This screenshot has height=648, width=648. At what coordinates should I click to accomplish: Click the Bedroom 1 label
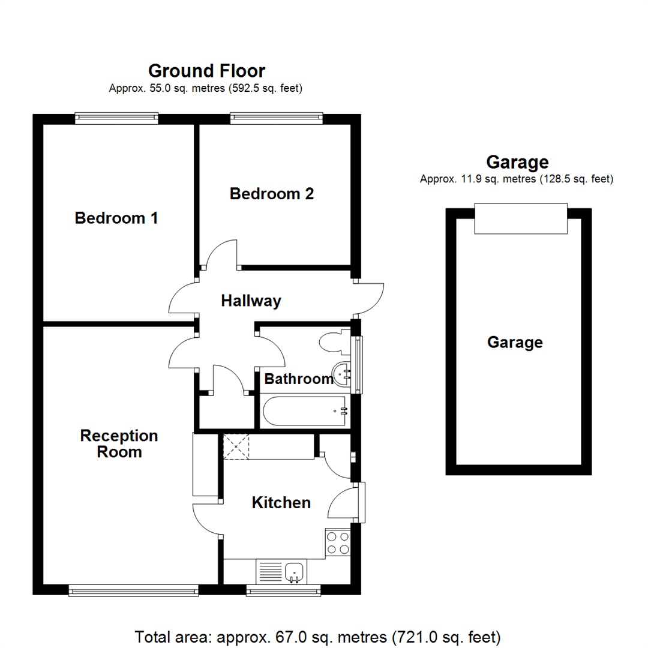116,218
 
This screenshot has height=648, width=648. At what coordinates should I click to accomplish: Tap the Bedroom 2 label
272,194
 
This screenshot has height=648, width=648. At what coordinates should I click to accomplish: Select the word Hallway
251,301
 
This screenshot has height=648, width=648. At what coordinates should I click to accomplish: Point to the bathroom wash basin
343,374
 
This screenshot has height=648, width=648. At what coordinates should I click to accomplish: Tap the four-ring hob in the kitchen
337,543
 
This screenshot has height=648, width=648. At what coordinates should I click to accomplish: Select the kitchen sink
294,572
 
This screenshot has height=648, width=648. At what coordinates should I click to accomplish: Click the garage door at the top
520,218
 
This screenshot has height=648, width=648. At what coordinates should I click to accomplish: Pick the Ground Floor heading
206,71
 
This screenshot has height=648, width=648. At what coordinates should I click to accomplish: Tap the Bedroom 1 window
116,119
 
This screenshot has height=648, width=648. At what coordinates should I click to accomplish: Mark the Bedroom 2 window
276,119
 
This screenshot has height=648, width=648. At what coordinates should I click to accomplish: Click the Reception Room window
133,591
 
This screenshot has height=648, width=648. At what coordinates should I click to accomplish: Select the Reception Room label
119,443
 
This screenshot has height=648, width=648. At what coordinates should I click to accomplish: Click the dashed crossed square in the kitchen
236,447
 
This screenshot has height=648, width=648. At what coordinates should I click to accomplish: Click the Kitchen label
281,502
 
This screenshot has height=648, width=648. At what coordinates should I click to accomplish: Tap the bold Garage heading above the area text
517,162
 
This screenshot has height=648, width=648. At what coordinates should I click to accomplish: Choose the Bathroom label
299,379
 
